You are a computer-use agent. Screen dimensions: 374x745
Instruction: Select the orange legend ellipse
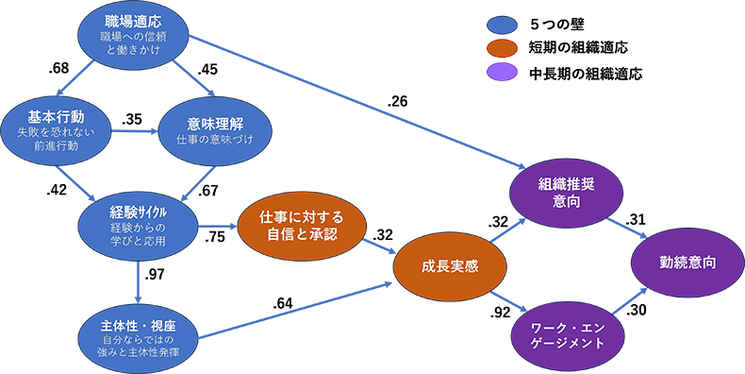(x=503, y=48)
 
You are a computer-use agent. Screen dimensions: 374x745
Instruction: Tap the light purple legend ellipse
(x=503, y=72)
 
